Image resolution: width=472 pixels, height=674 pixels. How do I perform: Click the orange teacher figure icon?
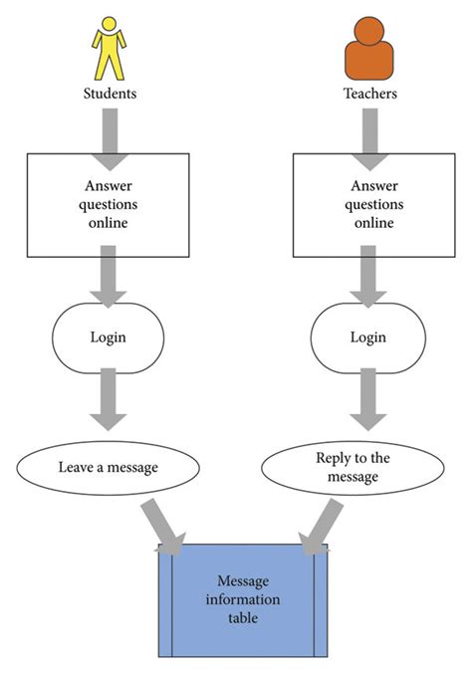[368, 50]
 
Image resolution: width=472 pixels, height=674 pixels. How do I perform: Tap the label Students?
[110, 94]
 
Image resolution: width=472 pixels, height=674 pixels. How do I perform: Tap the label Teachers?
[368, 94]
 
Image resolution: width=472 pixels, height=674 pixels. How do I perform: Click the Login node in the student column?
[109, 337]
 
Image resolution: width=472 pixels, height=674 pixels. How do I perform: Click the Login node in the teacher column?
[367, 337]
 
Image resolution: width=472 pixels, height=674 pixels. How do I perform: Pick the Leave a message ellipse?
[109, 465]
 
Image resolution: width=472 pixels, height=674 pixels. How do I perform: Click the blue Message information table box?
[243, 599]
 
